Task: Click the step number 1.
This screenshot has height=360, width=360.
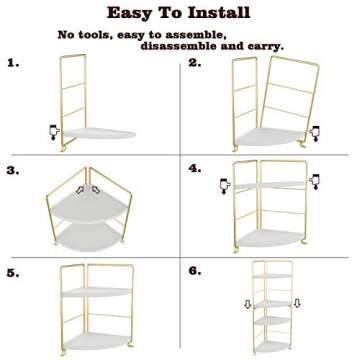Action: pos(13,63)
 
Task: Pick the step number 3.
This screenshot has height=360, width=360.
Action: pos(13,170)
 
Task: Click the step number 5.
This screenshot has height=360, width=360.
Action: pos(13,272)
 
